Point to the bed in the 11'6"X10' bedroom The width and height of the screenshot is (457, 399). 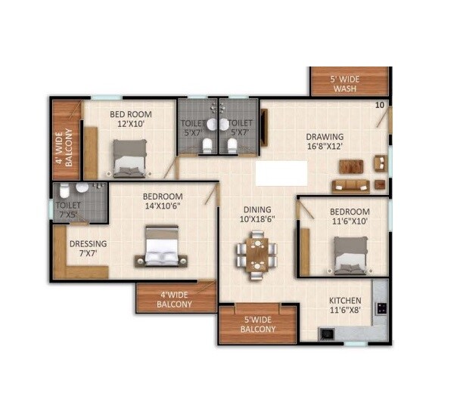[350, 254]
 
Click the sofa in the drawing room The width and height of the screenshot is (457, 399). [350, 186]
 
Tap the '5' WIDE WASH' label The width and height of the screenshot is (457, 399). [350, 83]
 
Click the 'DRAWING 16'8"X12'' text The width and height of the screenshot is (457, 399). [325, 141]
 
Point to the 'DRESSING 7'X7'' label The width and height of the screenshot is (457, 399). [88, 249]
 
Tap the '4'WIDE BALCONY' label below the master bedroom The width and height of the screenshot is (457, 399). [175, 300]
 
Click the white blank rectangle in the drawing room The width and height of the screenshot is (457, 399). [281, 173]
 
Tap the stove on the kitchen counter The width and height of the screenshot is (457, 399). [381, 308]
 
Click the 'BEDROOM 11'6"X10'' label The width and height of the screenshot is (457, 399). [349, 216]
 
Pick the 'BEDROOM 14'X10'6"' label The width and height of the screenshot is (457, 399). [163, 202]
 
